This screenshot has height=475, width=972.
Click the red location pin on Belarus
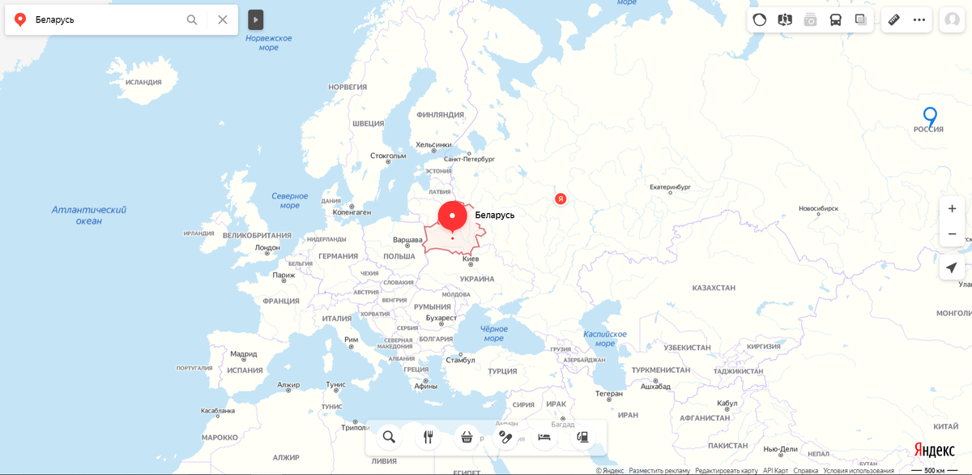(452, 216)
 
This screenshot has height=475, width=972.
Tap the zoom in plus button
(952, 208)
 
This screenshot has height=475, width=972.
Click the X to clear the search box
(223, 19)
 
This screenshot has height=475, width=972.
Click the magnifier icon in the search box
(192, 19)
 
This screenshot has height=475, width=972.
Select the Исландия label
(143, 82)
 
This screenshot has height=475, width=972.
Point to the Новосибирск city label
(818, 208)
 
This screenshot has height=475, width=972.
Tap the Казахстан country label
(714, 288)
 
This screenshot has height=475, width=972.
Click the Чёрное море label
(493, 333)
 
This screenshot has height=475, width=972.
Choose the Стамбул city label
(460, 360)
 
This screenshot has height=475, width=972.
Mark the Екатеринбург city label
(670, 187)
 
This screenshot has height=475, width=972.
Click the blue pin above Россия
(930, 116)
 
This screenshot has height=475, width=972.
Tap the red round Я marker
(560, 199)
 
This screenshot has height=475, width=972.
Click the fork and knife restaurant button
(428, 437)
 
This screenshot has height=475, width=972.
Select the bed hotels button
(544, 437)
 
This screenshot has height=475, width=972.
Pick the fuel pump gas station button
(582, 437)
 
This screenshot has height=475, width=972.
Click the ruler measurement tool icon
(894, 19)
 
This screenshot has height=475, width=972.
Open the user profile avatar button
(951, 19)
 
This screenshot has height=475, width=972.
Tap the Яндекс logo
(934, 450)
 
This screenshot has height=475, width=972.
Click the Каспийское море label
(605, 338)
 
